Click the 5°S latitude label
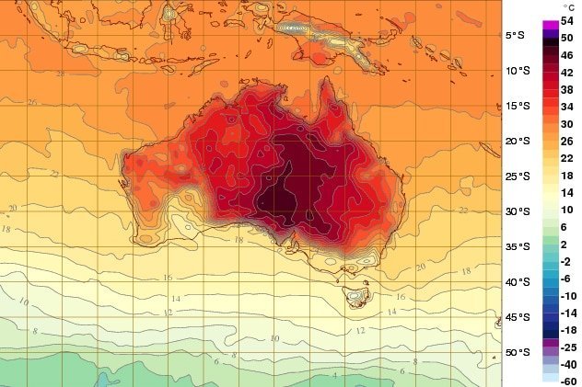(x=516, y=36)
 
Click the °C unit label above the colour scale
(x=567, y=7)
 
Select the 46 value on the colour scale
(x=568, y=55)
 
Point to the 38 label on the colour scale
(x=568, y=90)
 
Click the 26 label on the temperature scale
(x=568, y=141)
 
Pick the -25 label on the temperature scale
(x=568, y=347)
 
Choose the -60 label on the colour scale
(x=568, y=381)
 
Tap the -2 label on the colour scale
(x=568, y=261)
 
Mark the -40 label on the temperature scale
(x=568, y=364)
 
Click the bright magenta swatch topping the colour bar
(x=550, y=23)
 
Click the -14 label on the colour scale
(x=568, y=313)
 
